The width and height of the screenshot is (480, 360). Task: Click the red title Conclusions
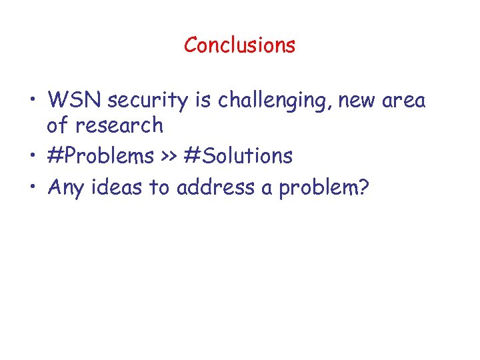coord(239,45)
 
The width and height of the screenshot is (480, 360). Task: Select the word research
coord(123,125)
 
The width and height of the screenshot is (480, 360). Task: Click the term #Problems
coord(101,157)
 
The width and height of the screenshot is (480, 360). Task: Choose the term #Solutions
coord(238,157)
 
